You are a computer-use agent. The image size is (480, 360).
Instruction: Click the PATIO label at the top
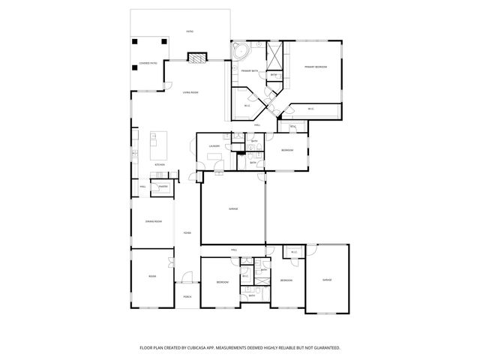(190, 31)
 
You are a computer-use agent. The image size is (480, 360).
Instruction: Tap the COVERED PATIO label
(148, 63)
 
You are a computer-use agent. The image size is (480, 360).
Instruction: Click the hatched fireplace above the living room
(196, 58)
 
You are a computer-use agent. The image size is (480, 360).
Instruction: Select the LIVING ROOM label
(190, 92)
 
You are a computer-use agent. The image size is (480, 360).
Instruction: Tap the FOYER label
(187, 232)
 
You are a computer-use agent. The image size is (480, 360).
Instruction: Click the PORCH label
(187, 297)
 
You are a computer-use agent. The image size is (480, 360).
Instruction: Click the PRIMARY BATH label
(250, 70)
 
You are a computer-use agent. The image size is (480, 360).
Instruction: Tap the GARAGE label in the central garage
(233, 208)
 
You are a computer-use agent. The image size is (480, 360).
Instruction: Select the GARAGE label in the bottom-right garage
(327, 279)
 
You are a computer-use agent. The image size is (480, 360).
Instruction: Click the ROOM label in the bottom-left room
(152, 277)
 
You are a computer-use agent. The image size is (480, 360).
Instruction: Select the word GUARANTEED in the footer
(325, 347)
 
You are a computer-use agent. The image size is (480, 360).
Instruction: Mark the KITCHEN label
(159, 164)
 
